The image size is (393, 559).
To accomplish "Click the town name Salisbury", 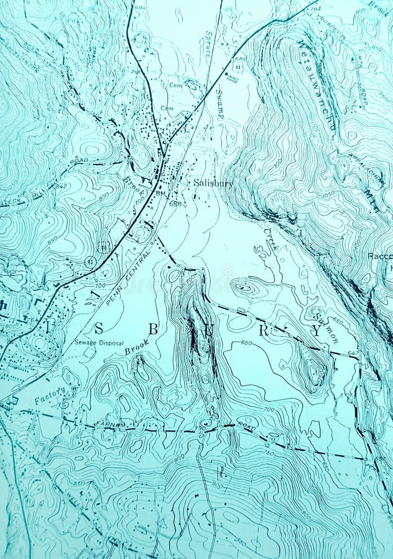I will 213,183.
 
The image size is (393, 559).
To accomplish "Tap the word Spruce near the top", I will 208,43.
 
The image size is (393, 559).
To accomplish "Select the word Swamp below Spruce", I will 220,104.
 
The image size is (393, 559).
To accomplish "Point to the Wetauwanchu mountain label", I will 317,84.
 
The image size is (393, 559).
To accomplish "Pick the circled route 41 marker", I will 91,261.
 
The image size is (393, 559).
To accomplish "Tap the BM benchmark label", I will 161,194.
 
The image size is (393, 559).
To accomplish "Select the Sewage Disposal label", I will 99,343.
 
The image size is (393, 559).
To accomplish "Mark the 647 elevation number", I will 353,353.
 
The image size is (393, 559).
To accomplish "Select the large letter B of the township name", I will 153,329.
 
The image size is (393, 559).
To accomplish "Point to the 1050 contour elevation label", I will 328,194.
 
